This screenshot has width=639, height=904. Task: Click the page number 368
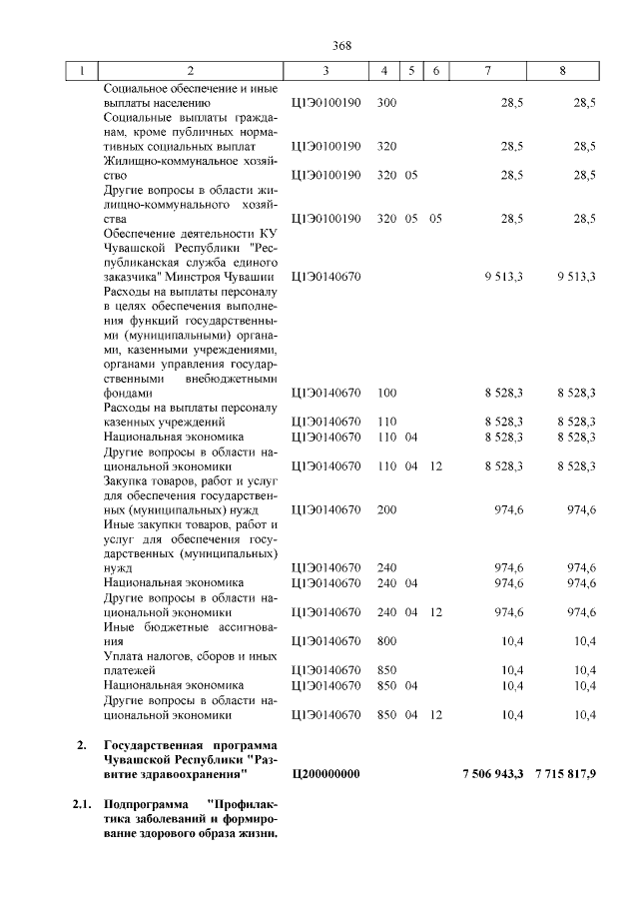(x=341, y=45)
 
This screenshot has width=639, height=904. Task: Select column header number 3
(x=325, y=72)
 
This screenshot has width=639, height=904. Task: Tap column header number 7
(x=487, y=72)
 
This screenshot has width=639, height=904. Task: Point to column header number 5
(x=411, y=72)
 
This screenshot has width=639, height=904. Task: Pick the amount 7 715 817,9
(x=565, y=774)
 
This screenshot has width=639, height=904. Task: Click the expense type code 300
(x=388, y=103)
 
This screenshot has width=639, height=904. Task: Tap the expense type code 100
(x=388, y=395)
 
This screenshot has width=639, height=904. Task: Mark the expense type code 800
(x=388, y=641)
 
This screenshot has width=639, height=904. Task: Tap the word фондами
(x=129, y=395)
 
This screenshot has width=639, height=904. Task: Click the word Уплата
(x=125, y=656)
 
